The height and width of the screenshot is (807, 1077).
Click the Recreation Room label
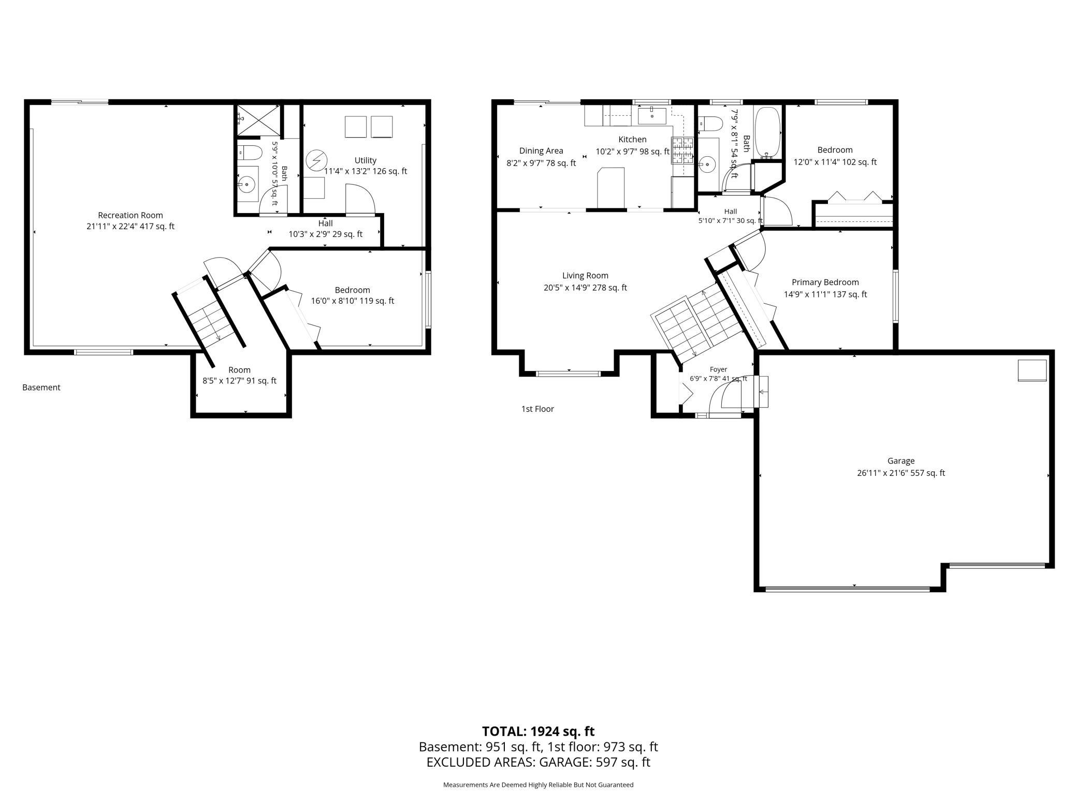tap(130, 215)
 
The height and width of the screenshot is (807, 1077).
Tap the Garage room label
tap(901, 461)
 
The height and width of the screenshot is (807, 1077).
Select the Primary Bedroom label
tap(825, 282)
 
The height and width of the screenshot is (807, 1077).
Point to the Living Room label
tap(586, 276)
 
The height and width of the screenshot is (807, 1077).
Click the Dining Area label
tap(541, 151)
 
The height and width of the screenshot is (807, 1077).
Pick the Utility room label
tap(366, 160)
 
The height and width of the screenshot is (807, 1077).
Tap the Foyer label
tap(718, 369)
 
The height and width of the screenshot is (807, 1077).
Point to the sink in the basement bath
tap(248, 184)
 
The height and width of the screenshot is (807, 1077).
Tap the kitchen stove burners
tap(682, 151)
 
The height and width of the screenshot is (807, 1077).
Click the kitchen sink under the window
tap(652, 116)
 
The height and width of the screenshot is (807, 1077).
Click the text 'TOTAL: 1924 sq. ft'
tap(538, 731)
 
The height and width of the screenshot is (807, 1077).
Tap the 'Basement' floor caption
tap(41, 387)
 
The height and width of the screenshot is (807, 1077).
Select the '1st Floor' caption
tap(537, 409)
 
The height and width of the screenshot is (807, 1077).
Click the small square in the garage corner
tap(1032, 370)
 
